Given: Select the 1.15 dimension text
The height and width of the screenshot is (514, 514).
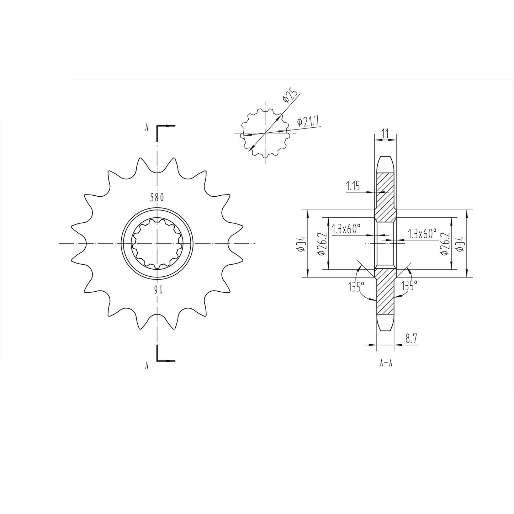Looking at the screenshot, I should (353, 186).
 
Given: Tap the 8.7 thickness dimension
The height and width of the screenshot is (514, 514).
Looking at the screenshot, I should (411, 339).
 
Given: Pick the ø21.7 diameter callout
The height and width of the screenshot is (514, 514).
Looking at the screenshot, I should (309, 122).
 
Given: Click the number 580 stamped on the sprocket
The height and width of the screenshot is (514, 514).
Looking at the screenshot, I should (157, 197).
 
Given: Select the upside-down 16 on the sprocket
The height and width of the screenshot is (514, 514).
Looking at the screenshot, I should (157, 289).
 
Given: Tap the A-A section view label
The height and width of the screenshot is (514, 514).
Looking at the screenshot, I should (386, 364).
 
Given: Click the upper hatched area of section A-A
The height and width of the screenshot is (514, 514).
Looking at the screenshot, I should (385, 192).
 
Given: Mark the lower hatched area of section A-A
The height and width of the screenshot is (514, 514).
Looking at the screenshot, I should (385, 292).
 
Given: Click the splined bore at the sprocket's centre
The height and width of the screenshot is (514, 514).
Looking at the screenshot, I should (157, 243).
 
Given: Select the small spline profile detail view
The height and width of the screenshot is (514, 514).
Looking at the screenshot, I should (265, 133).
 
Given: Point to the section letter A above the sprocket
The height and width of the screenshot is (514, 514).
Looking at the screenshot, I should (147, 128).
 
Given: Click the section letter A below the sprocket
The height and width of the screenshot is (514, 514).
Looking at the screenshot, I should (147, 365).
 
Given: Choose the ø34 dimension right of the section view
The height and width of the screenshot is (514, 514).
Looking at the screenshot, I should (461, 243).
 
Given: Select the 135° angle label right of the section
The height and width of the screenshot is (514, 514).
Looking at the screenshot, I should (409, 285).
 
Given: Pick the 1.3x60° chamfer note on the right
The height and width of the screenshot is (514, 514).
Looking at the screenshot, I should (422, 234).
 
